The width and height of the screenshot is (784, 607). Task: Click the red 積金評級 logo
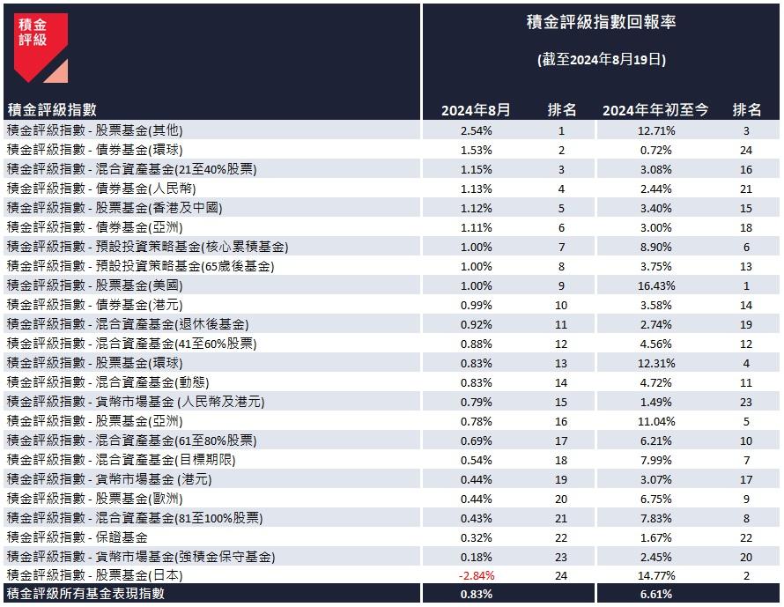(41, 47)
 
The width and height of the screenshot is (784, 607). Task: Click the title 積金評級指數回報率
(601, 23)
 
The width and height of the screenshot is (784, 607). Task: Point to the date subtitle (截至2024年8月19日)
(601, 60)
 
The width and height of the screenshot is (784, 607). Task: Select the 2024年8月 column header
(476, 110)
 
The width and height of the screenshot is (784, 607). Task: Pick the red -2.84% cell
(476, 575)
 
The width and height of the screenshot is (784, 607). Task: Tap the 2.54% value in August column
(476, 130)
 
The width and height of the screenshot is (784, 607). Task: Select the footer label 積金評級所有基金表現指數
(85, 595)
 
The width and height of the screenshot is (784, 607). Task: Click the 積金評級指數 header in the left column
(52, 110)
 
